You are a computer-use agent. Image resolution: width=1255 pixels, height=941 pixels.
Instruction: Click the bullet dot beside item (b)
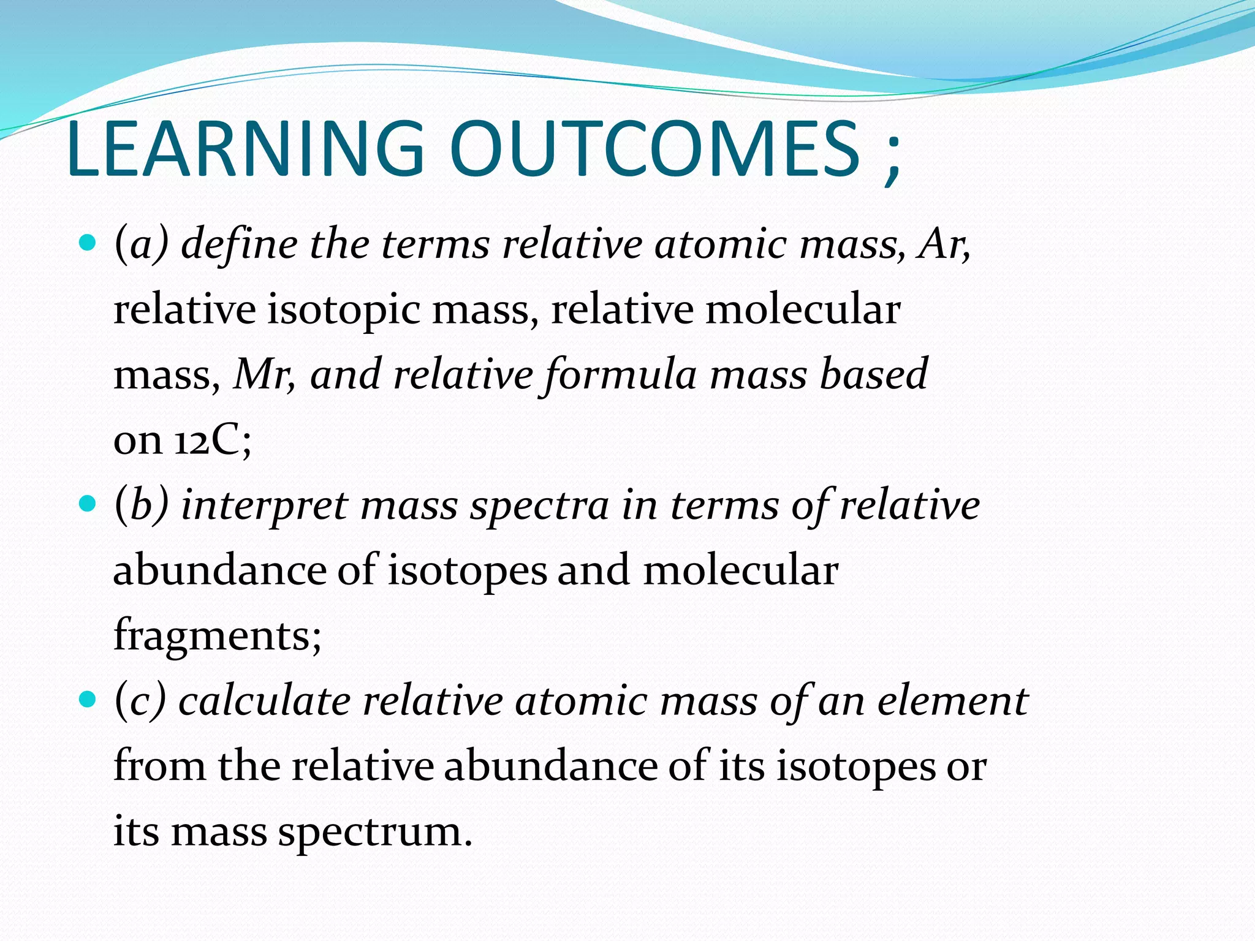(x=88, y=505)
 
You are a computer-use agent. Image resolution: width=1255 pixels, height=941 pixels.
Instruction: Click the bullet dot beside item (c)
(x=88, y=699)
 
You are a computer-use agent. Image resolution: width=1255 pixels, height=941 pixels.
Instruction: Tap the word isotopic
(x=343, y=309)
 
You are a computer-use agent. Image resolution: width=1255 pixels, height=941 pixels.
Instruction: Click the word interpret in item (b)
(x=264, y=506)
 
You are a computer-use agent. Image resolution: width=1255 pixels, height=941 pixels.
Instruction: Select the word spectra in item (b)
(x=539, y=507)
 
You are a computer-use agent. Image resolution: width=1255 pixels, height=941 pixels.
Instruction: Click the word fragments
(x=217, y=636)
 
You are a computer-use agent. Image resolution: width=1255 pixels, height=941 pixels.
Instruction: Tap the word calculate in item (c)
(x=264, y=701)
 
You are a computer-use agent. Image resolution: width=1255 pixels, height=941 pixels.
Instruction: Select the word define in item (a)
(x=239, y=244)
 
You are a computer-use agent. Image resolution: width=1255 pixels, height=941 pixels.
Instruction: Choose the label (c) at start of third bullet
(x=140, y=701)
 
